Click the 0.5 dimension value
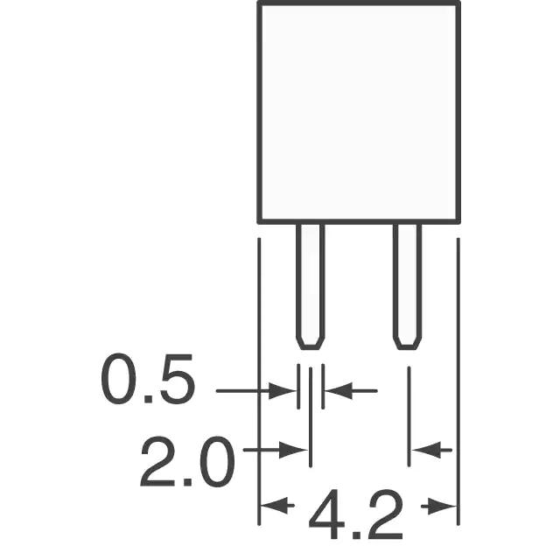(148, 379)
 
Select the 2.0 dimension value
(187, 461)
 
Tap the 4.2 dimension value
(356, 514)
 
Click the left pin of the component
(311, 287)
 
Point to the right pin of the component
(407, 287)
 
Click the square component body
(359, 113)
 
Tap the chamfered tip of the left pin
(311, 343)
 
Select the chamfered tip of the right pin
(407, 343)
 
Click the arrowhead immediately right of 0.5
(282, 391)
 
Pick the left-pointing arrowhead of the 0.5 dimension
(339, 391)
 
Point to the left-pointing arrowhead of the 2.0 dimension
(426, 450)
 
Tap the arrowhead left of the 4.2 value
(275, 506)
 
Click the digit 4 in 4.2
(326, 514)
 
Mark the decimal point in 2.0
(187, 482)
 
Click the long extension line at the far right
(458, 381)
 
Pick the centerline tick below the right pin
(409, 416)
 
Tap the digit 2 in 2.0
(157, 461)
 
